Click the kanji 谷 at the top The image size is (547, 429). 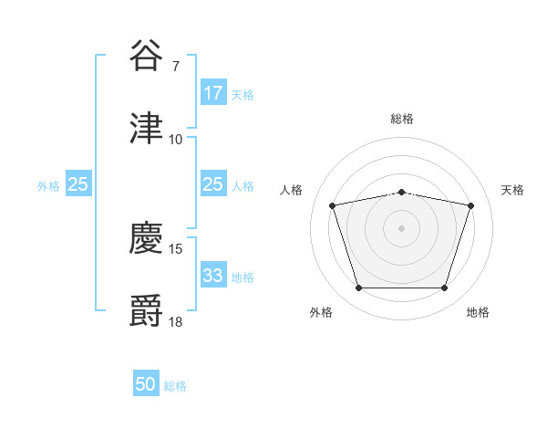click(x=146, y=57)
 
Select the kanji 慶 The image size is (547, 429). click(x=146, y=239)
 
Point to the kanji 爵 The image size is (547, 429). click(x=146, y=309)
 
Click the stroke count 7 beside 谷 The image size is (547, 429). click(x=175, y=68)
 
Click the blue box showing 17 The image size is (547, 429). click(x=212, y=93)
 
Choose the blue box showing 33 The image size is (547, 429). click(x=212, y=276)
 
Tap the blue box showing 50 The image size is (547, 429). click(x=146, y=384)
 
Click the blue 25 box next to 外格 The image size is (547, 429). click(x=77, y=184)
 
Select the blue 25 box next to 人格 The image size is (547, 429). click(x=212, y=184)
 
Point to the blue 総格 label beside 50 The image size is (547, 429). click(x=175, y=386)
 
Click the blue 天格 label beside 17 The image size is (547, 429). click(x=242, y=94)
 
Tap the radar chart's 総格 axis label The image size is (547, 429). click(x=401, y=119)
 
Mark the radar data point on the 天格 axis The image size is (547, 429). click(x=470, y=206)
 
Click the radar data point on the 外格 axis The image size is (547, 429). click(x=358, y=288)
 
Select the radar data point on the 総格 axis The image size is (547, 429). click(x=401, y=192)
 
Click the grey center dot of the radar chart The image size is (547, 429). click(x=401, y=228)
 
